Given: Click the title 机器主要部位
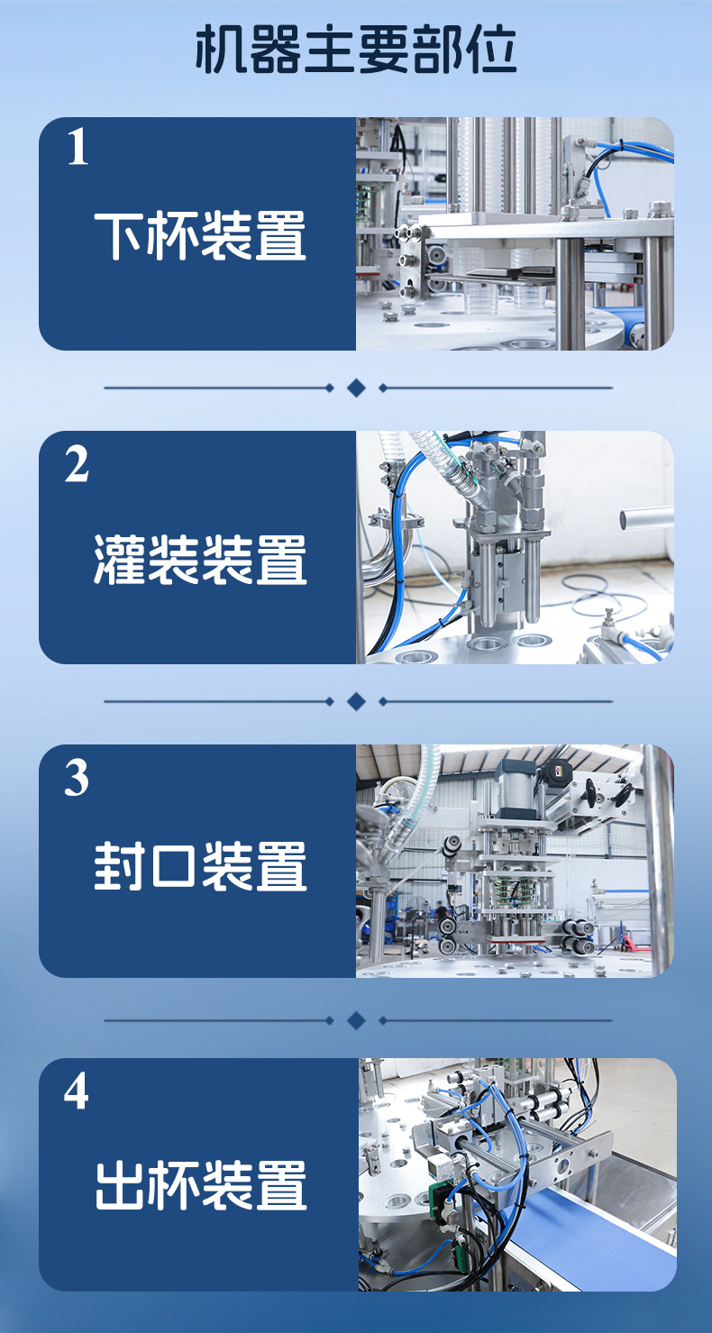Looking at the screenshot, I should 356,51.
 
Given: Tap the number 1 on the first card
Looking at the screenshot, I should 78,148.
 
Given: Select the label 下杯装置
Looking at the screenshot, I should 200,235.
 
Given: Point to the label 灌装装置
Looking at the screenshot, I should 200,559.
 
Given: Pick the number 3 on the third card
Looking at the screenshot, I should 78,778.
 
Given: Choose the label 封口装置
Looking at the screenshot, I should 200,866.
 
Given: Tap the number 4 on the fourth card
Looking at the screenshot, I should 78,1091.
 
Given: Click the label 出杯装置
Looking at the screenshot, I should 200,1185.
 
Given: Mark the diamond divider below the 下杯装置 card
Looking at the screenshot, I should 356,388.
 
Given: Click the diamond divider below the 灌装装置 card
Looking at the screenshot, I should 356,701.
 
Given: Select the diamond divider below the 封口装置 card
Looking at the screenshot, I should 356,1020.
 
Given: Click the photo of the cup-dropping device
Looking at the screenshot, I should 515,233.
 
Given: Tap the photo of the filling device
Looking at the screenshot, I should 515,547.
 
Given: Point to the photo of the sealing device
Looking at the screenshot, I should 515,861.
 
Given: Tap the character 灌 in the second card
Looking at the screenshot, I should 119,559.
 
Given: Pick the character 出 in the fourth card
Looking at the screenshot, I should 119,1185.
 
